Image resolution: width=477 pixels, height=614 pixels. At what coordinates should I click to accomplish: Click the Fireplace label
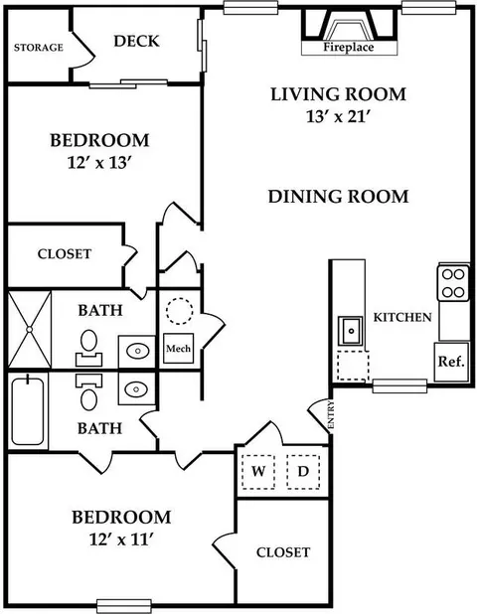point(349,48)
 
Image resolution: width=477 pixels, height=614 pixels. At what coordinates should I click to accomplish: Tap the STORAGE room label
point(39,48)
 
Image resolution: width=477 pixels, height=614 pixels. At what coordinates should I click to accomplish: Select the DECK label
point(137,41)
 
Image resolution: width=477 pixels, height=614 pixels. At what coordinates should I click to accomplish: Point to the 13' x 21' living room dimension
point(338,116)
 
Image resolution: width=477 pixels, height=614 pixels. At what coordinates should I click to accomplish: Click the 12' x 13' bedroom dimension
point(98,163)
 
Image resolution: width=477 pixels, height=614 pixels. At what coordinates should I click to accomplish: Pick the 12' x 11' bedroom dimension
point(120,540)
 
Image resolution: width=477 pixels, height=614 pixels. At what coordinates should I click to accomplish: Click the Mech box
point(178,348)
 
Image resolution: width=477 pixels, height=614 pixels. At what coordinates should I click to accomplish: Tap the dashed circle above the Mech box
point(179,311)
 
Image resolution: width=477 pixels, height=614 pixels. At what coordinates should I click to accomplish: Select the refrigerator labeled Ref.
point(451,362)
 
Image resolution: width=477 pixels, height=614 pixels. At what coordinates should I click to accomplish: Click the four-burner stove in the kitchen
point(453,283)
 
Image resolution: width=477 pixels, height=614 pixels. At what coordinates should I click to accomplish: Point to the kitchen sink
point(350,331)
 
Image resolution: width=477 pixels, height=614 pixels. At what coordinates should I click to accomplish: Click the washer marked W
point(258,472)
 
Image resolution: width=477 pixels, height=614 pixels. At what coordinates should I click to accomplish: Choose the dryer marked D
point(303,472)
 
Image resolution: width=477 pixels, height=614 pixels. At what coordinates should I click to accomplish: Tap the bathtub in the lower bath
point(28,410)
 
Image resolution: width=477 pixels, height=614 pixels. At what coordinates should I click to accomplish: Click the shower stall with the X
point(30,329)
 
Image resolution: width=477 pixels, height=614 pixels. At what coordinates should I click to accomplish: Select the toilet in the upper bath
point(88,348)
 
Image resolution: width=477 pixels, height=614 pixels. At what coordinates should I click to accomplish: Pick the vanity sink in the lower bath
point(136,389)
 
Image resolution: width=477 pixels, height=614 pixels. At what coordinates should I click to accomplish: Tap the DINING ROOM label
point(338,197)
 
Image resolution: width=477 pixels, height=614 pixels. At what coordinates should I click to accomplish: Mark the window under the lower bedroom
point(124,605)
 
